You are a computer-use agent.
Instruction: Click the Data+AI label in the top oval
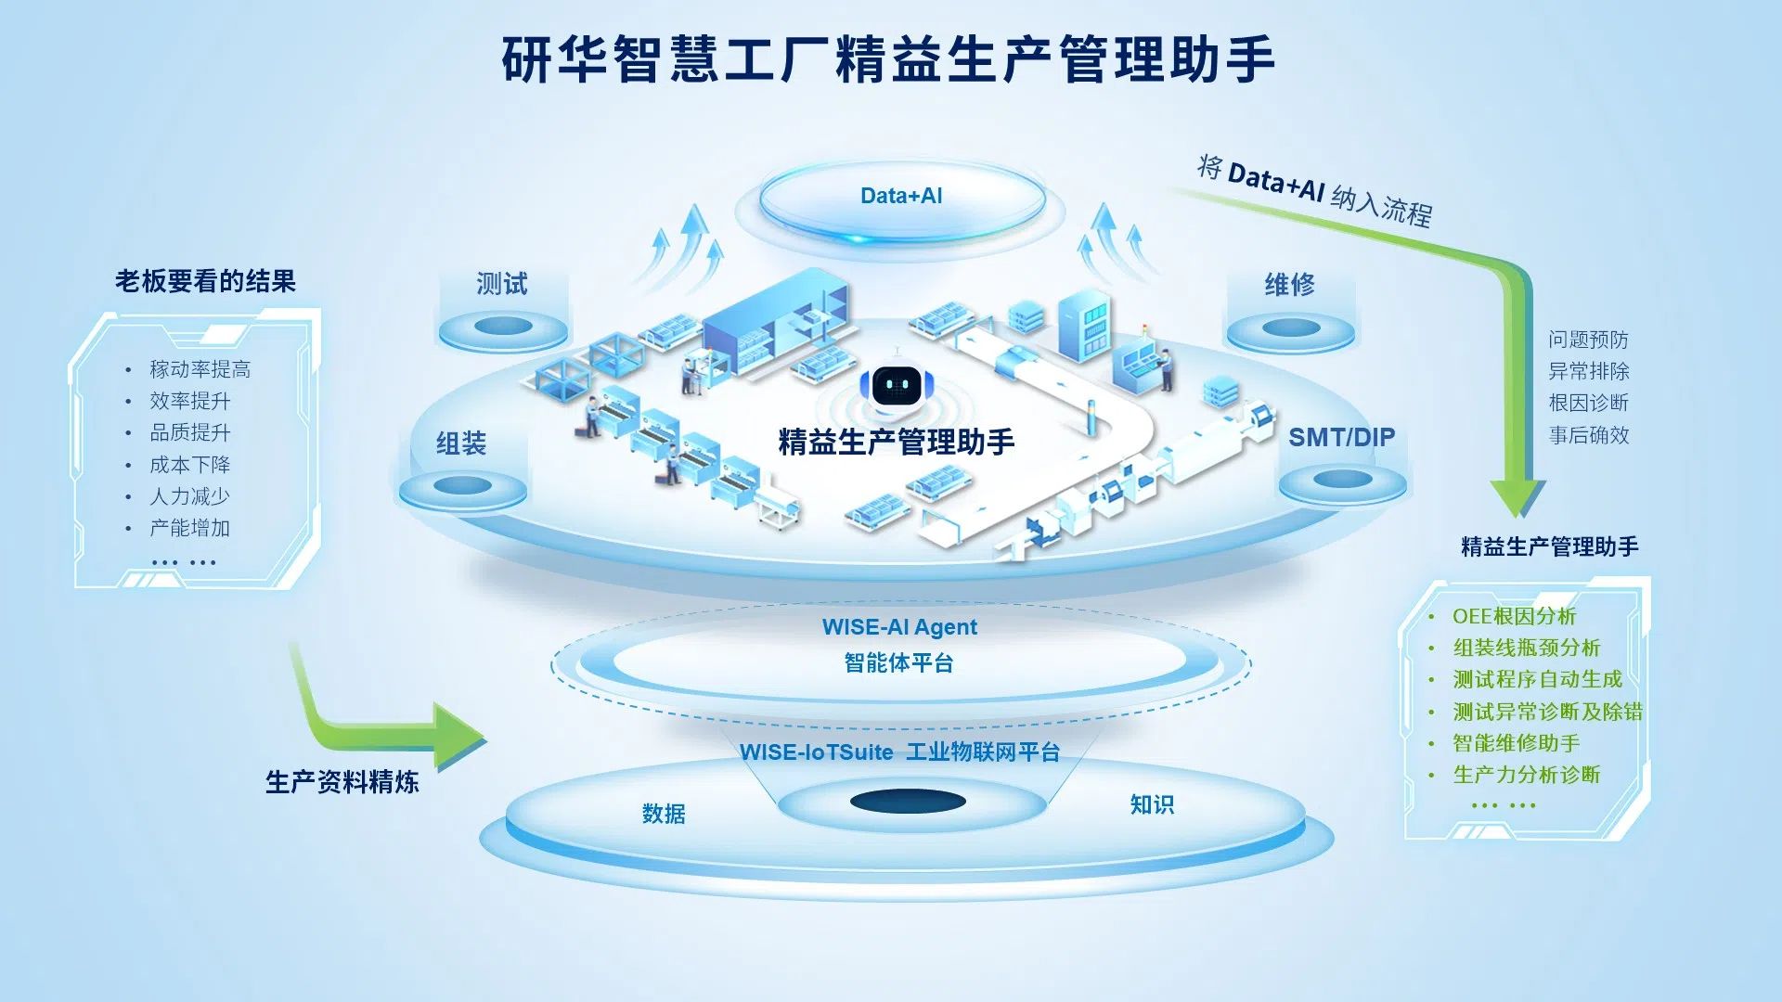(x=900, y=196)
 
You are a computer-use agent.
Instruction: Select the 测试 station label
(x=501, y=284)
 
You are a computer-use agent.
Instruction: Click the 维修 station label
(x=1289, y=285)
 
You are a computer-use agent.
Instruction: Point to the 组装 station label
(x=461, y=443)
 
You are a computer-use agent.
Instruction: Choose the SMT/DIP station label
(x=1341, y=437)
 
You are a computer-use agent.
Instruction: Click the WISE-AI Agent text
(x=898, y=627)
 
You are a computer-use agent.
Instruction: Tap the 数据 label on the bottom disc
(x=664, y=814)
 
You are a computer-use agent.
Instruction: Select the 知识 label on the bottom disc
(x=1152, y=804)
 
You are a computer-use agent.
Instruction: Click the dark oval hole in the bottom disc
(x=908, y=803)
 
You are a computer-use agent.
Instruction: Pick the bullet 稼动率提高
(x=200, y=369)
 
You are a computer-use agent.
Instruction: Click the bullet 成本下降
(x=189, y=465)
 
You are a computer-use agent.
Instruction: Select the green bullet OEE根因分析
(x=1514, y=616)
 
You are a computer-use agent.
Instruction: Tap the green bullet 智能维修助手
(x=1516, y=743)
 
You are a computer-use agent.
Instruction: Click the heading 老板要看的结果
(x=205, y=281)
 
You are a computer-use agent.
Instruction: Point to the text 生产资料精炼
(x=342, y=782)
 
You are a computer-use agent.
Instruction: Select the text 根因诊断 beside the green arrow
(x=1588, y=403)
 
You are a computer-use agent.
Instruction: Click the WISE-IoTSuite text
(x=816, y=752)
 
